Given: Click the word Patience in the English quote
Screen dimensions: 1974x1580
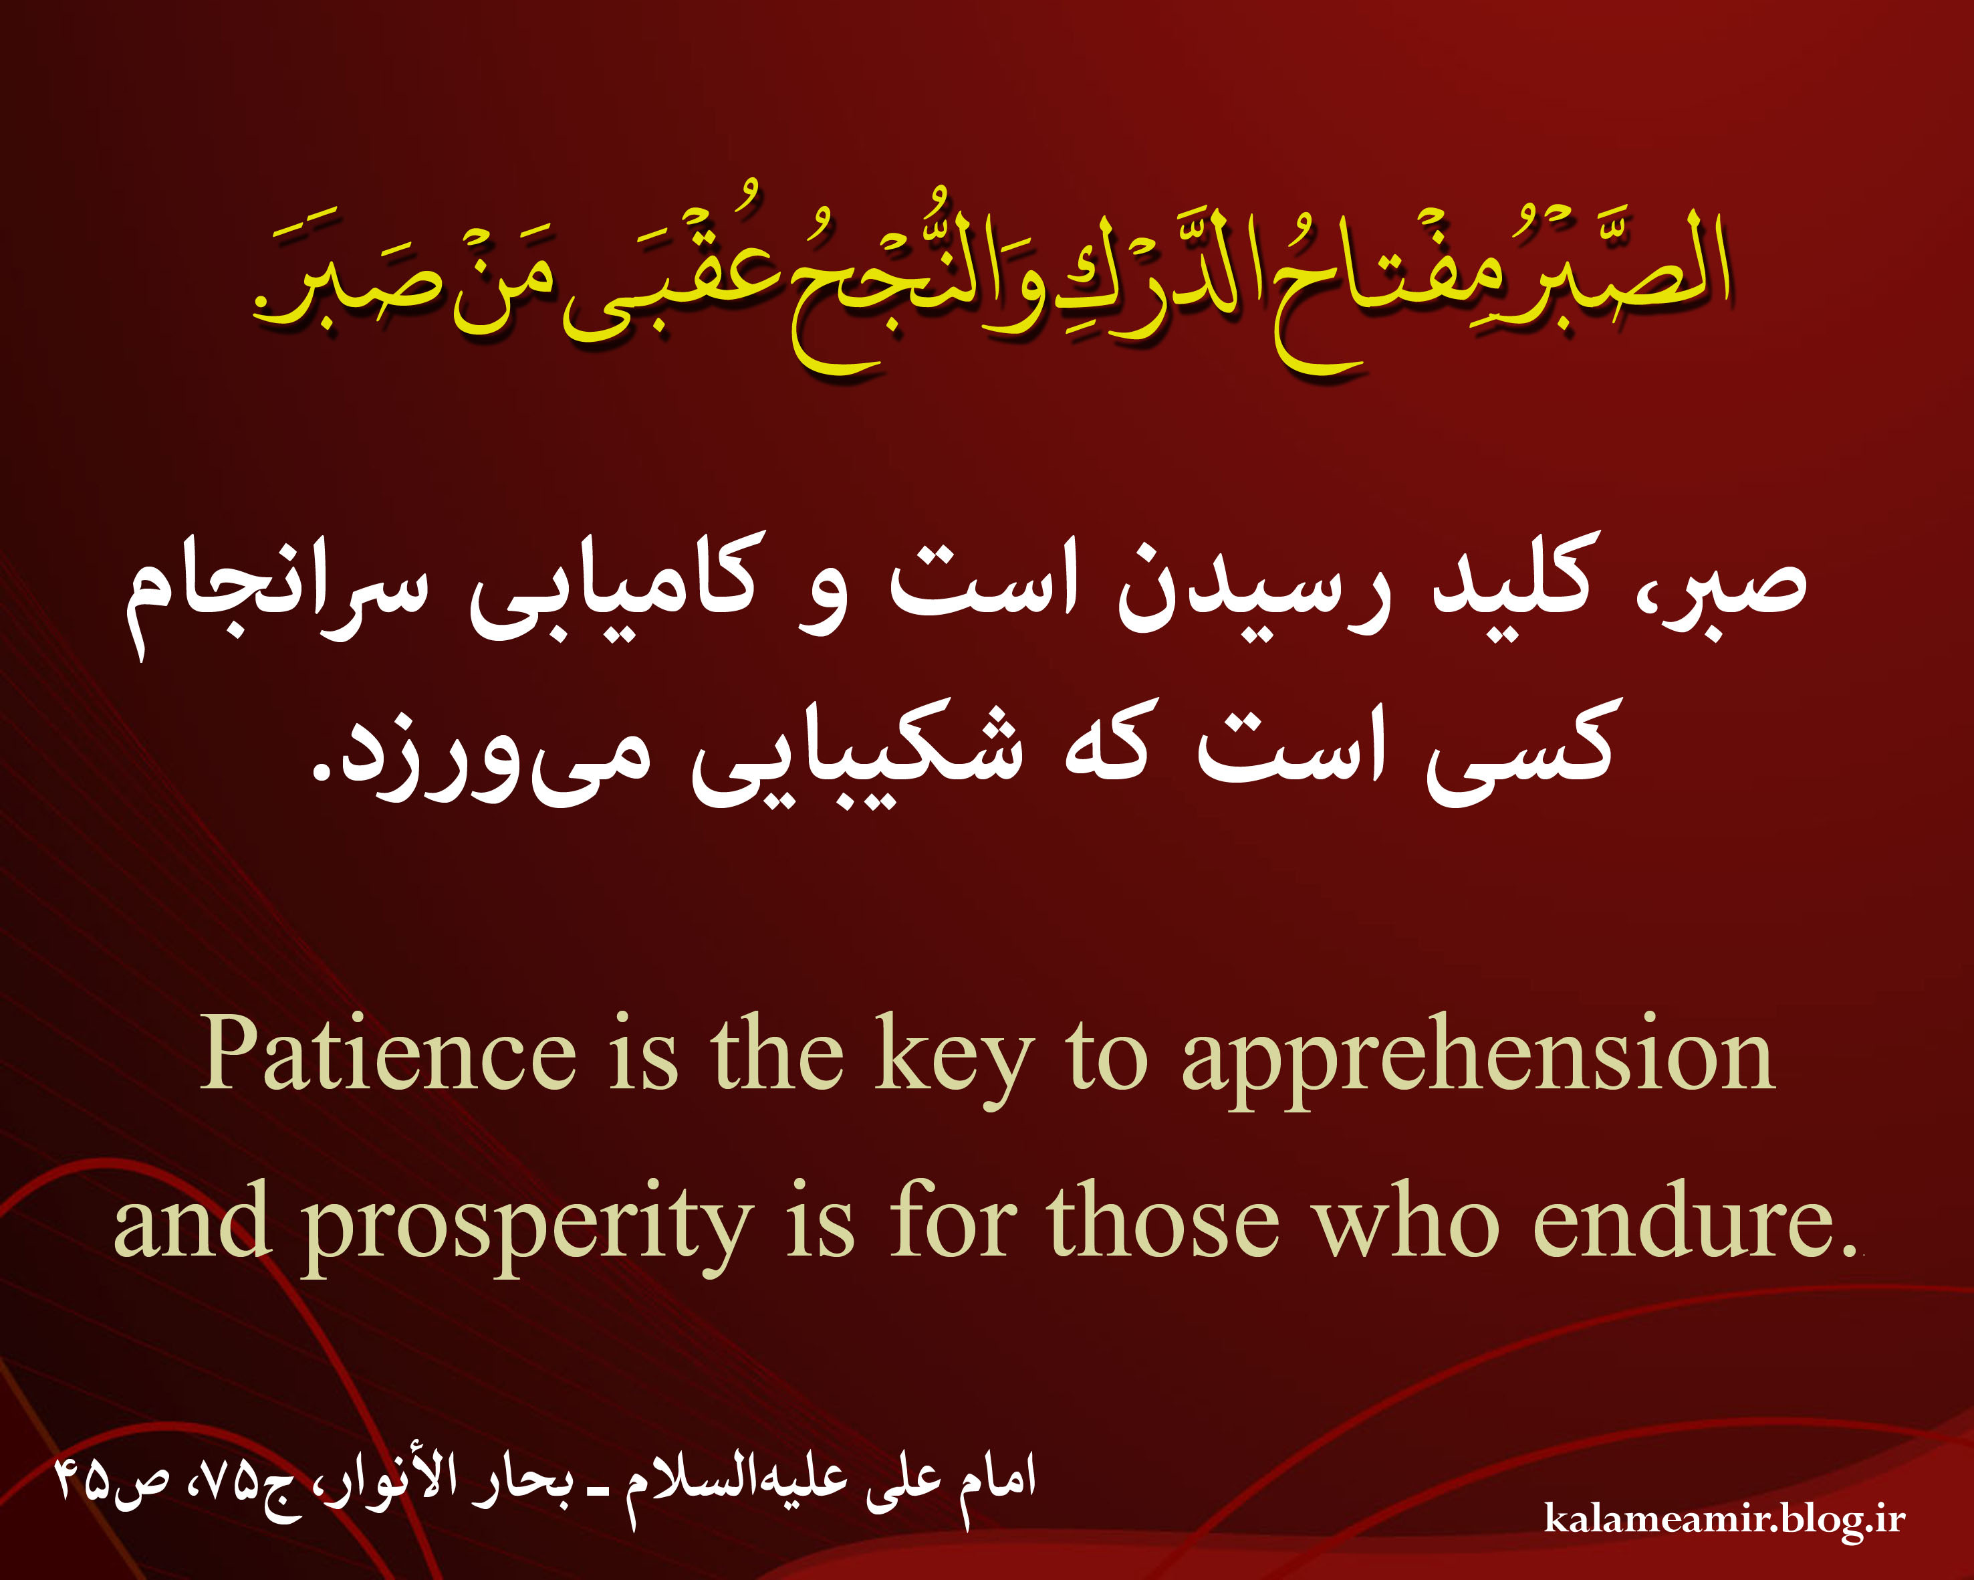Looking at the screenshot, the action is [x=388, y=1054].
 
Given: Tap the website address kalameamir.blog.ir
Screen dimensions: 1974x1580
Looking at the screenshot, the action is [x=1724, y=1518].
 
